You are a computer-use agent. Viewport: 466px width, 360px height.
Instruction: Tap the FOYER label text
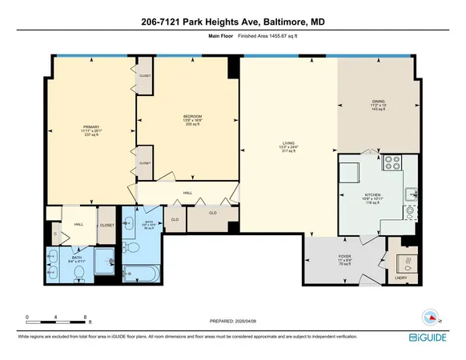click(x=346, y=258)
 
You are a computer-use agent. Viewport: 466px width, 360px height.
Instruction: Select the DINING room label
click(x=378, y=102)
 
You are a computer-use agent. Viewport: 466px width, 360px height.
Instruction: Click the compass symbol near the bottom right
click(x=431, y=317)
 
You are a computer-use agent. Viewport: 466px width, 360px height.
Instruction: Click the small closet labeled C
click(x=55, y=234)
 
